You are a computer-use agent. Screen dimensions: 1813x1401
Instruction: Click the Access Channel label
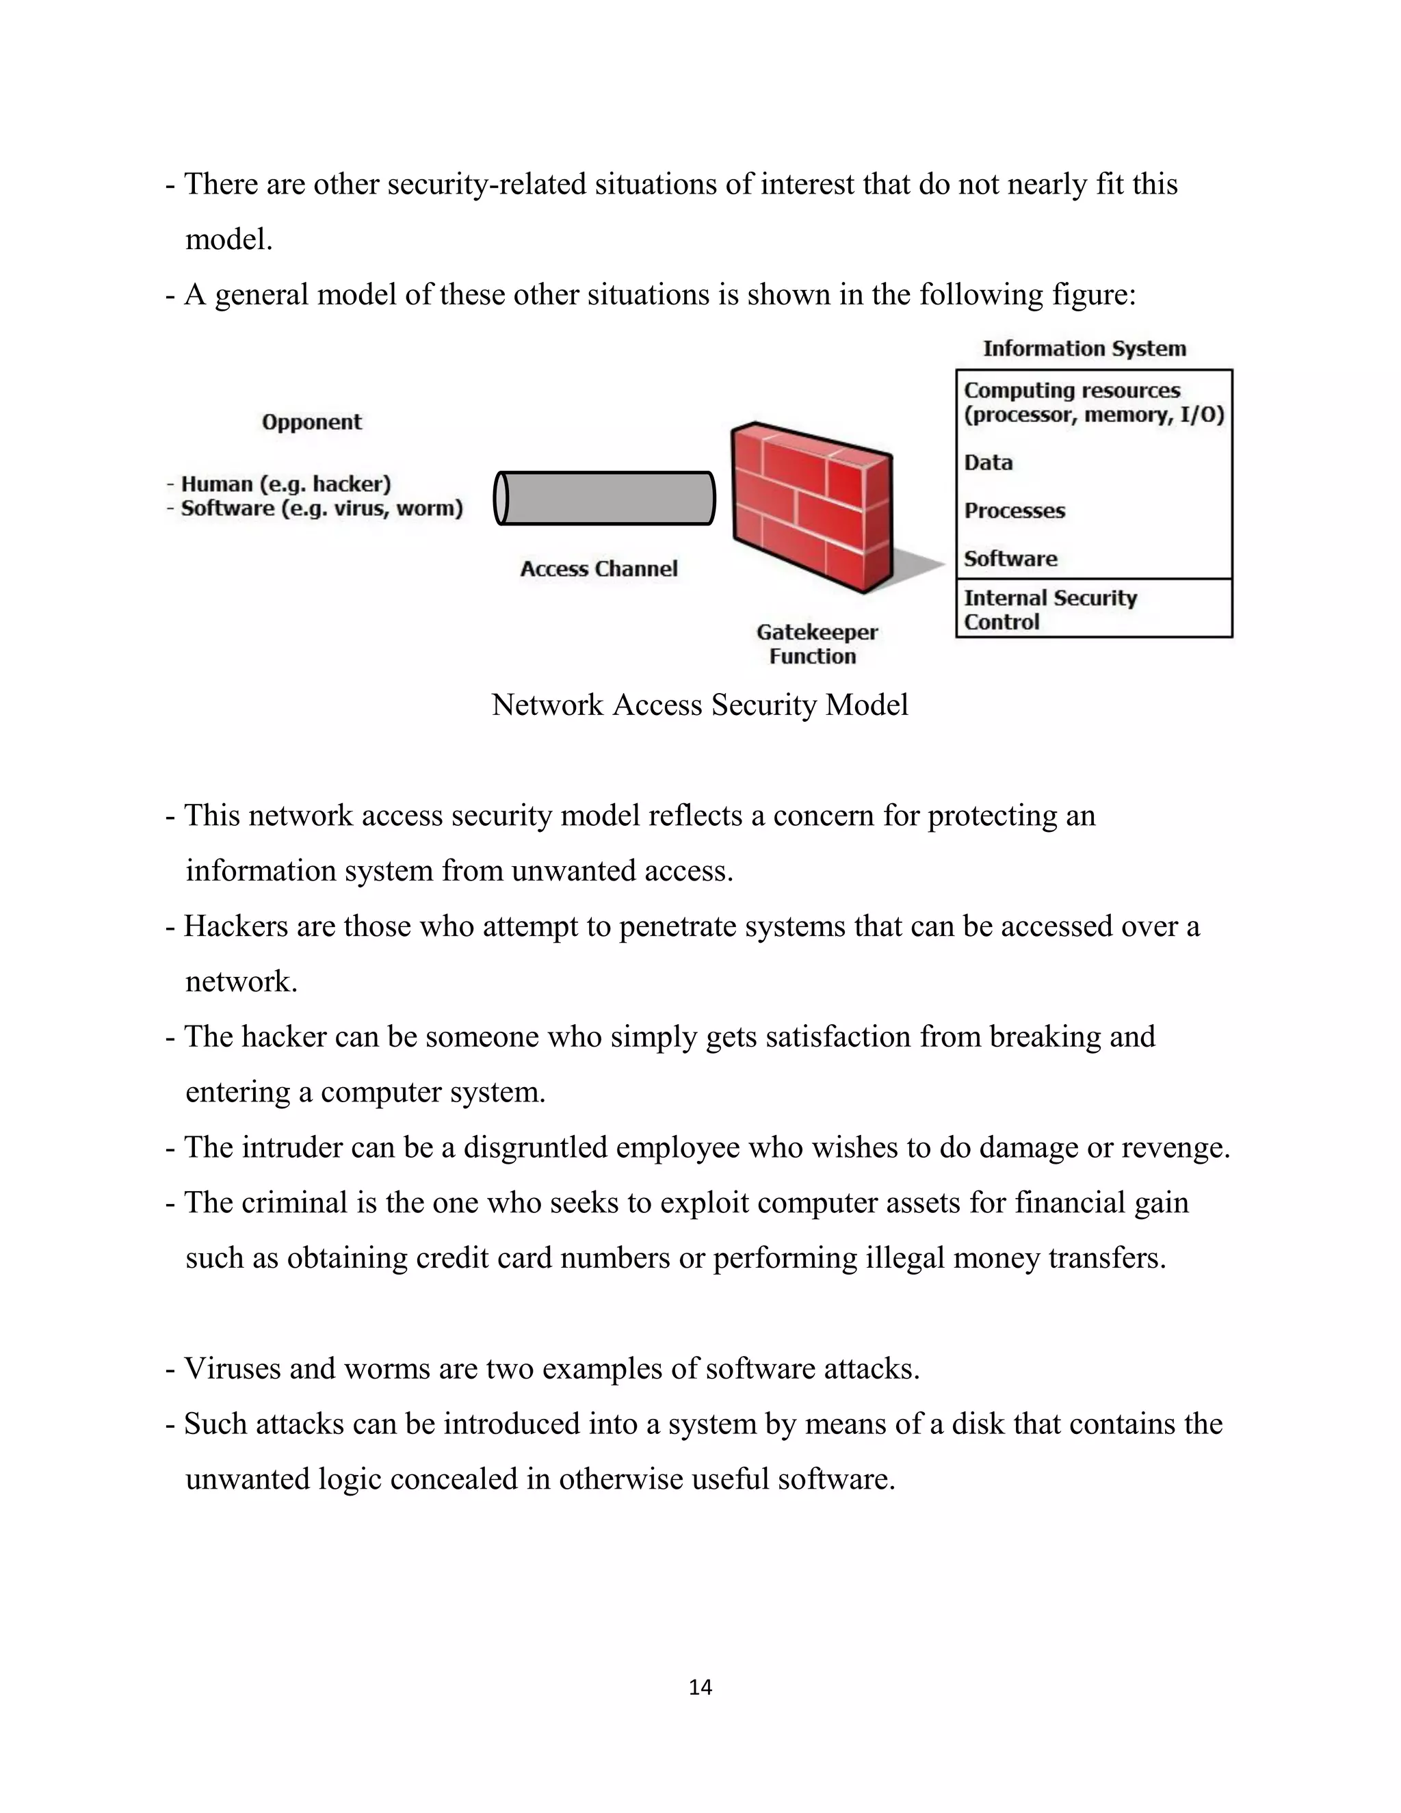599,569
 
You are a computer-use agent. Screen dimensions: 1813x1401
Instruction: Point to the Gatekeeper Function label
816,644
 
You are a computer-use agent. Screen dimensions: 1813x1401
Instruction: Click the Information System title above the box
1084,349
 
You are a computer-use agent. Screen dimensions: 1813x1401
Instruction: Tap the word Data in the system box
988,462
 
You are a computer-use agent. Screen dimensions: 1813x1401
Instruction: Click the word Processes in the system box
1014,510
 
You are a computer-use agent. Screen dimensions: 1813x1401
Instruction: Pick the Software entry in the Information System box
1010,559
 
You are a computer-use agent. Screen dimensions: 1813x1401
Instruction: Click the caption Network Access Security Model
699,705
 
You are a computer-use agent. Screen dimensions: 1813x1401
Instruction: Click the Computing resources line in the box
1071,390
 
